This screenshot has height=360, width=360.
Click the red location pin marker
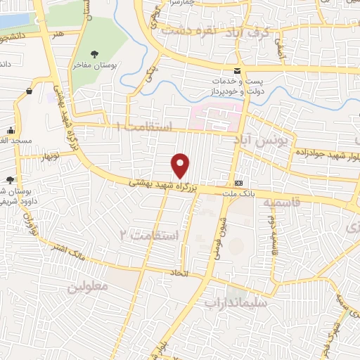tap(181, 165)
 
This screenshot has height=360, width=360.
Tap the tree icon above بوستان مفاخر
tap(96, 53)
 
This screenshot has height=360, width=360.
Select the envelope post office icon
tap(237, 70)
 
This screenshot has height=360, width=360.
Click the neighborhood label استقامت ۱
tap(143, 127)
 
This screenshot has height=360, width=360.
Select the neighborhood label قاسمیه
tap(282, 202)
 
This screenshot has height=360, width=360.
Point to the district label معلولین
tap(89, 288)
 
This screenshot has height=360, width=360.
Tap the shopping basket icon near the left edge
tap(29, 91)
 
